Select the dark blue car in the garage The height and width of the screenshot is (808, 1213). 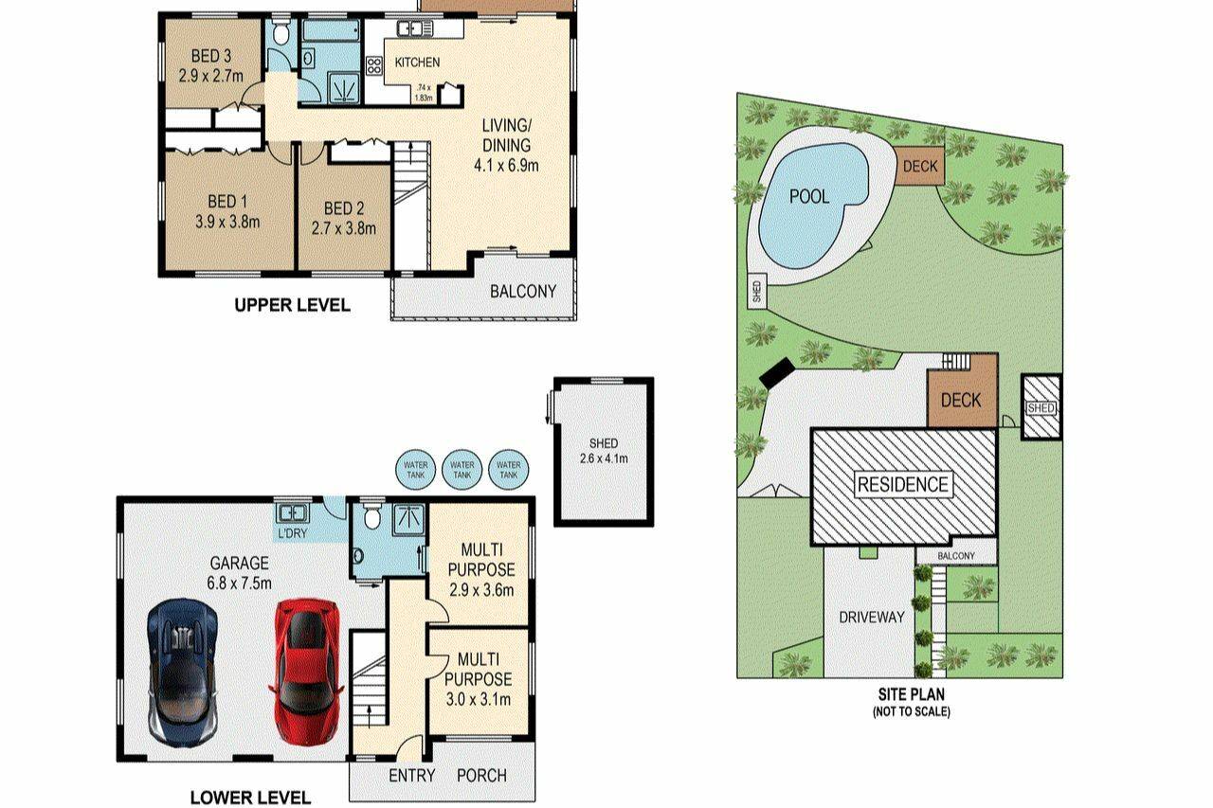click(x=183, y=673)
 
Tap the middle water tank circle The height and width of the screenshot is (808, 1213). click(x=462, y=469)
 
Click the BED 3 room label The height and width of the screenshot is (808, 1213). click(x=211, y=56)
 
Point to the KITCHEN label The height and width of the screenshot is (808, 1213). click(x=417, y=63)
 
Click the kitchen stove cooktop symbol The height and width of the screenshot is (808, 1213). click(x=374, y=65)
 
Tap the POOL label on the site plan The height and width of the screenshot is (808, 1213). click(x=809, y=196)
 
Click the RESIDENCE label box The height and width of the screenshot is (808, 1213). click(x=903, y=484)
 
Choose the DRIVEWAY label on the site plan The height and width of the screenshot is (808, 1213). click(x=871, y=617)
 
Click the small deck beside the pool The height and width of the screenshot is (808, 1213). click(x=919, y=165)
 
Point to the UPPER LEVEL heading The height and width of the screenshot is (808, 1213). click(x=293, y=305)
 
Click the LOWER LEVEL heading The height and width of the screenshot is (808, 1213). click(x=250, y=798)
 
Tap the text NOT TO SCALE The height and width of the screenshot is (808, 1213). click(x=912, y=711)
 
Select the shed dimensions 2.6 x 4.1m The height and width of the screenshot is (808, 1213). click(x=604, y=458)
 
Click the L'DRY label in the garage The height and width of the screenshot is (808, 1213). click(x=293, y=533)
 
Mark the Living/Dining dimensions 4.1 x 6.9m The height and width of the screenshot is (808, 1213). click(x=506, y=165)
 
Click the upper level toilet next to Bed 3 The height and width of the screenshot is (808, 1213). click(x=280, y=33)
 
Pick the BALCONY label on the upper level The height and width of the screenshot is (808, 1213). click(x=523, y=292)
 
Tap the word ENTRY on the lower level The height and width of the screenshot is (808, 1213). click(x=411, y=776)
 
